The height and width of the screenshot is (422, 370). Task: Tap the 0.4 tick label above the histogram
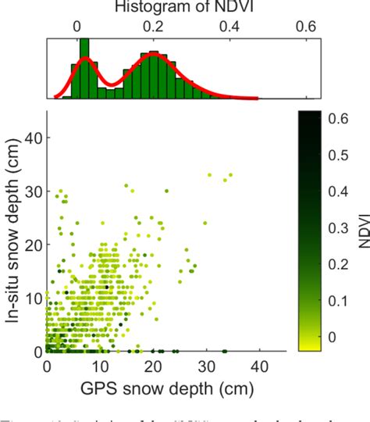(x=232, y=25)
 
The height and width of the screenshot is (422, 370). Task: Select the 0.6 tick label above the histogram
(x=308, y=25)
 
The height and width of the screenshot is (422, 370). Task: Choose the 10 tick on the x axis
(x=100, y=367)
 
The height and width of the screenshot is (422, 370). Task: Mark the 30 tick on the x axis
(x=206, y=367)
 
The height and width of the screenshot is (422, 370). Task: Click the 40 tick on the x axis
(x=259, y=367)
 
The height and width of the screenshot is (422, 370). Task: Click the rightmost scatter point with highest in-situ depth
(x=230, y=174)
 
